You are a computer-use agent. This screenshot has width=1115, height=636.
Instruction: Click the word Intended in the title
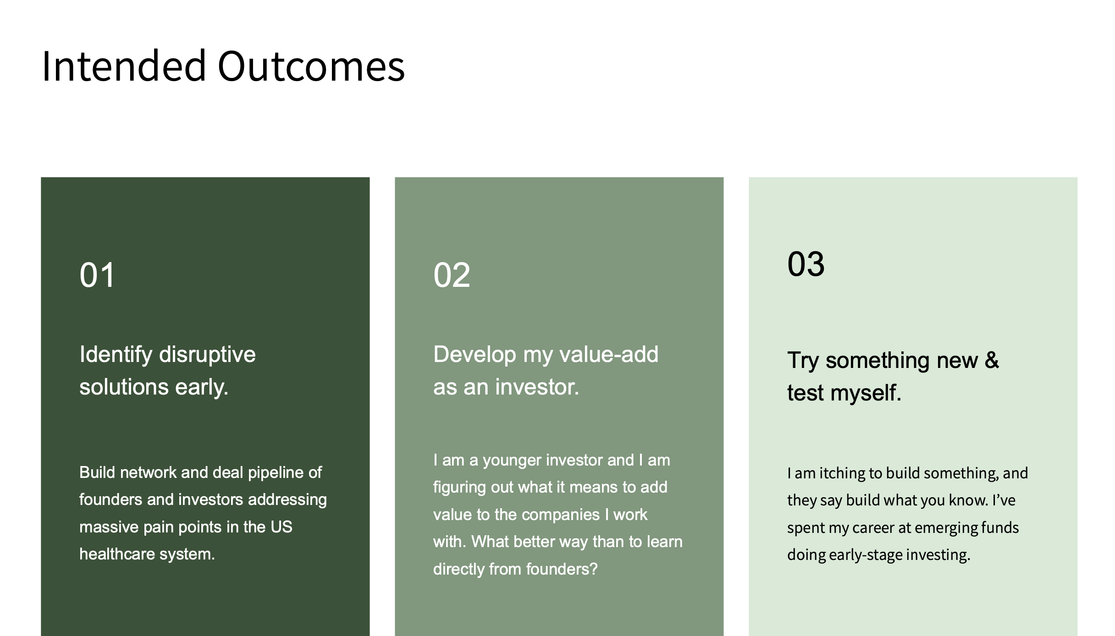(124, 66)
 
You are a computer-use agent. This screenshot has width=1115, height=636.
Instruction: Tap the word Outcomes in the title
(311, 66)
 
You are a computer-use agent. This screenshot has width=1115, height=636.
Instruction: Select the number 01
(97, 275)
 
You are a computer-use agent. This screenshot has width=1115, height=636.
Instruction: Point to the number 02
(452, 275)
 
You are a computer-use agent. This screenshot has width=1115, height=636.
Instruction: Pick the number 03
(806, 264)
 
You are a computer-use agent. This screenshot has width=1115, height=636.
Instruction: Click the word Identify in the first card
(116, 355)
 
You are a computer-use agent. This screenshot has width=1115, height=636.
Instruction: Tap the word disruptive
(207, 355)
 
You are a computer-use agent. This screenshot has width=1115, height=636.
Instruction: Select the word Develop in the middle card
(475, 355)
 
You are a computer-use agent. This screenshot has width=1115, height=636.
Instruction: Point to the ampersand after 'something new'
(992, 360)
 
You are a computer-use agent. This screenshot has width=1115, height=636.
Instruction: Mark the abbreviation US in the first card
(281, 527)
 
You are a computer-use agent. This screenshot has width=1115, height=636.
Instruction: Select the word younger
(512, 461)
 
